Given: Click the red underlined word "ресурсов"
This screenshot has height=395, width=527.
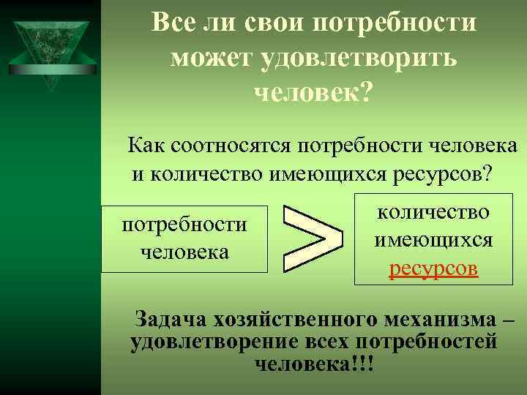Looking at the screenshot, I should (433, 268).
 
